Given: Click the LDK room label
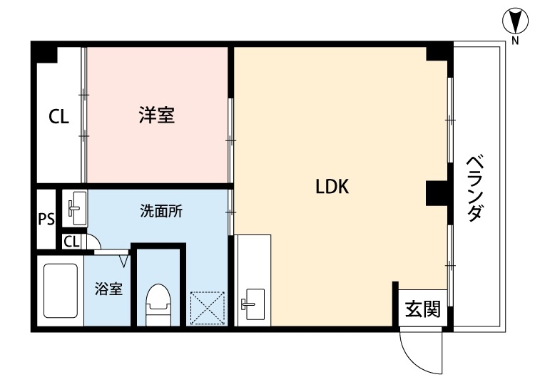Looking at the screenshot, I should [331, 187].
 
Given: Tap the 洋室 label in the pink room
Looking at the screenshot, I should [157, 114].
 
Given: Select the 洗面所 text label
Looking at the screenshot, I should [160, 211].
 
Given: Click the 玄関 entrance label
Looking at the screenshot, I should [423, 309].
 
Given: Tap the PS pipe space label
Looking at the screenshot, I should [46, 219].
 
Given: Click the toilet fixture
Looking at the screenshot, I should [158, 304].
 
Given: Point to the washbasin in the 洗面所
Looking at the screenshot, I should [75, 207].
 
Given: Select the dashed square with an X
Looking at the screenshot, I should [208, 309].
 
